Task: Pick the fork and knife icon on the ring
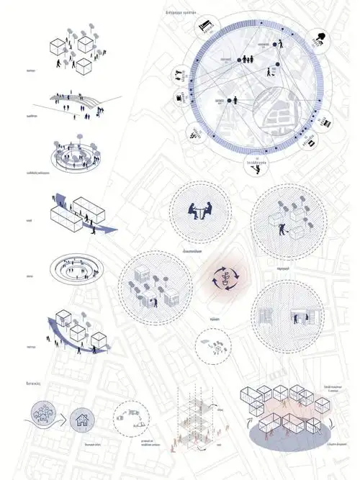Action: click(x=179, y=76)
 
